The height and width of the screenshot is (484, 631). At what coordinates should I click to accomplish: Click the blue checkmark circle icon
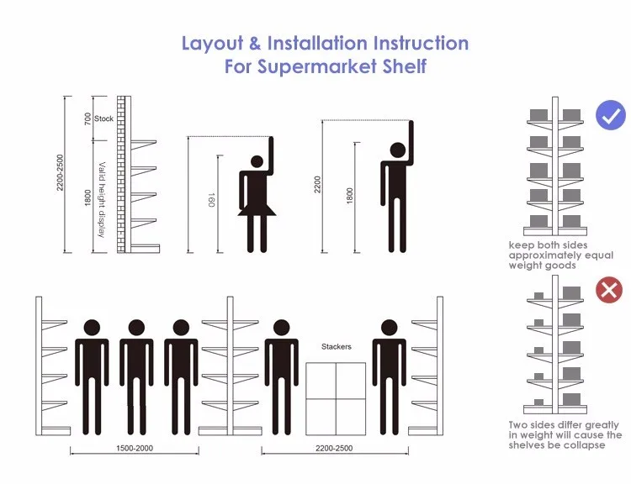(x=611, y=115)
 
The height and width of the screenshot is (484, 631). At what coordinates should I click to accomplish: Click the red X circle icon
(x=608, y=292)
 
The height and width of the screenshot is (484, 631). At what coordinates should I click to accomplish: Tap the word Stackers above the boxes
(x=337, y=346)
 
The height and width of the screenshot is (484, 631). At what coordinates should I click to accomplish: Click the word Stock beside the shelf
(x=104, y=119)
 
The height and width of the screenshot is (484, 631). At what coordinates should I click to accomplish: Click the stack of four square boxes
(x=336, y=395)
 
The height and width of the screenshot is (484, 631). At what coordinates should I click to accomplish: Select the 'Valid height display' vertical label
(x=102, y=198)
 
